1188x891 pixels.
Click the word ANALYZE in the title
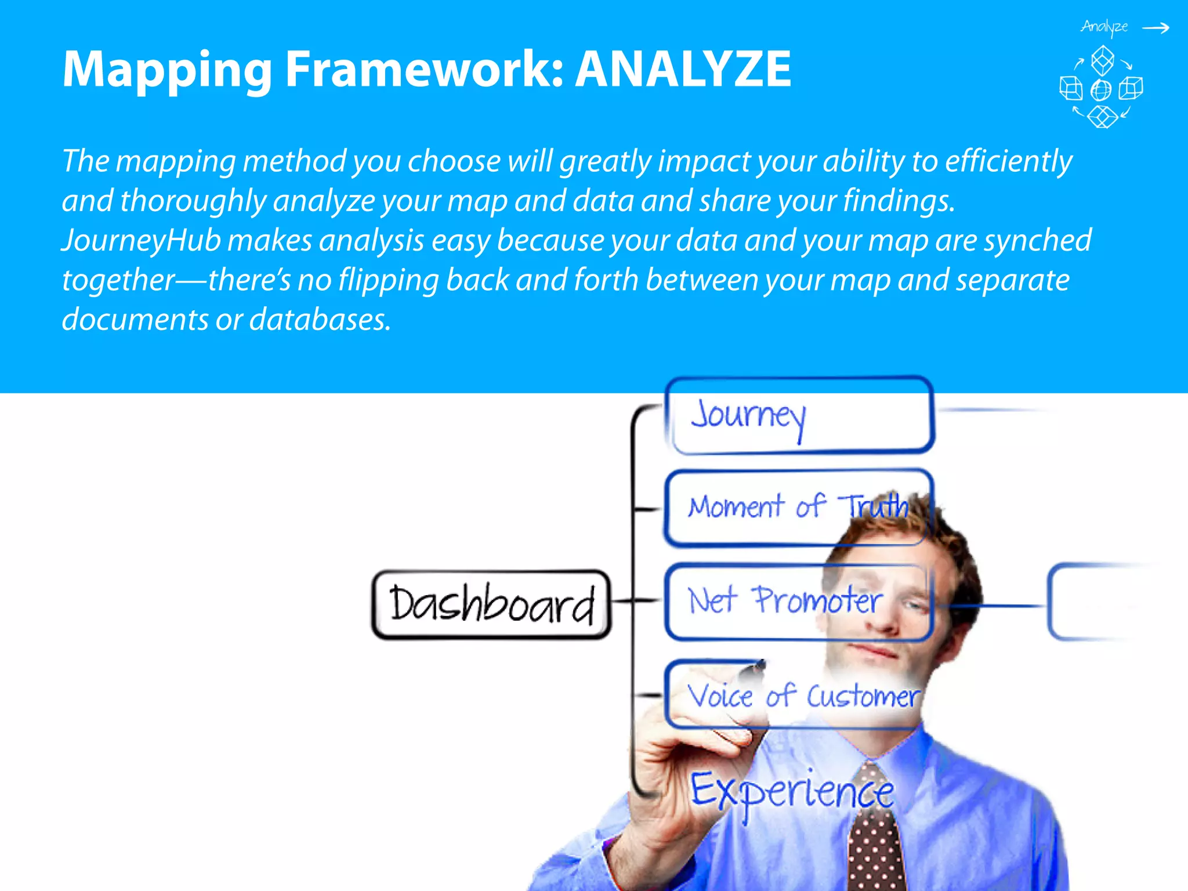[x=683, y=69]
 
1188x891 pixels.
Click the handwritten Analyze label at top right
[x=1104, y=27]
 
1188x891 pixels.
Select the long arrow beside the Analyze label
[x=1156, y=28]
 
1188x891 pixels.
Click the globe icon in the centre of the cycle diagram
[x=1101, y=90]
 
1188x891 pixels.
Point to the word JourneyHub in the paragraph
[x=141, y=241]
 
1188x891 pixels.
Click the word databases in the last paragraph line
[x=320, y=320]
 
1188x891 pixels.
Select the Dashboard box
[x=491, y=604]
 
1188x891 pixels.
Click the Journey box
[x=798, y=415]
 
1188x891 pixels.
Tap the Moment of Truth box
[x=798, y=508]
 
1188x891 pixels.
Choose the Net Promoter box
[x=798, y=602]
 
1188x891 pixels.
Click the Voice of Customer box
[x=798, y=695]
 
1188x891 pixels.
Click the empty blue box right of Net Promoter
[x=1091, y=603]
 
